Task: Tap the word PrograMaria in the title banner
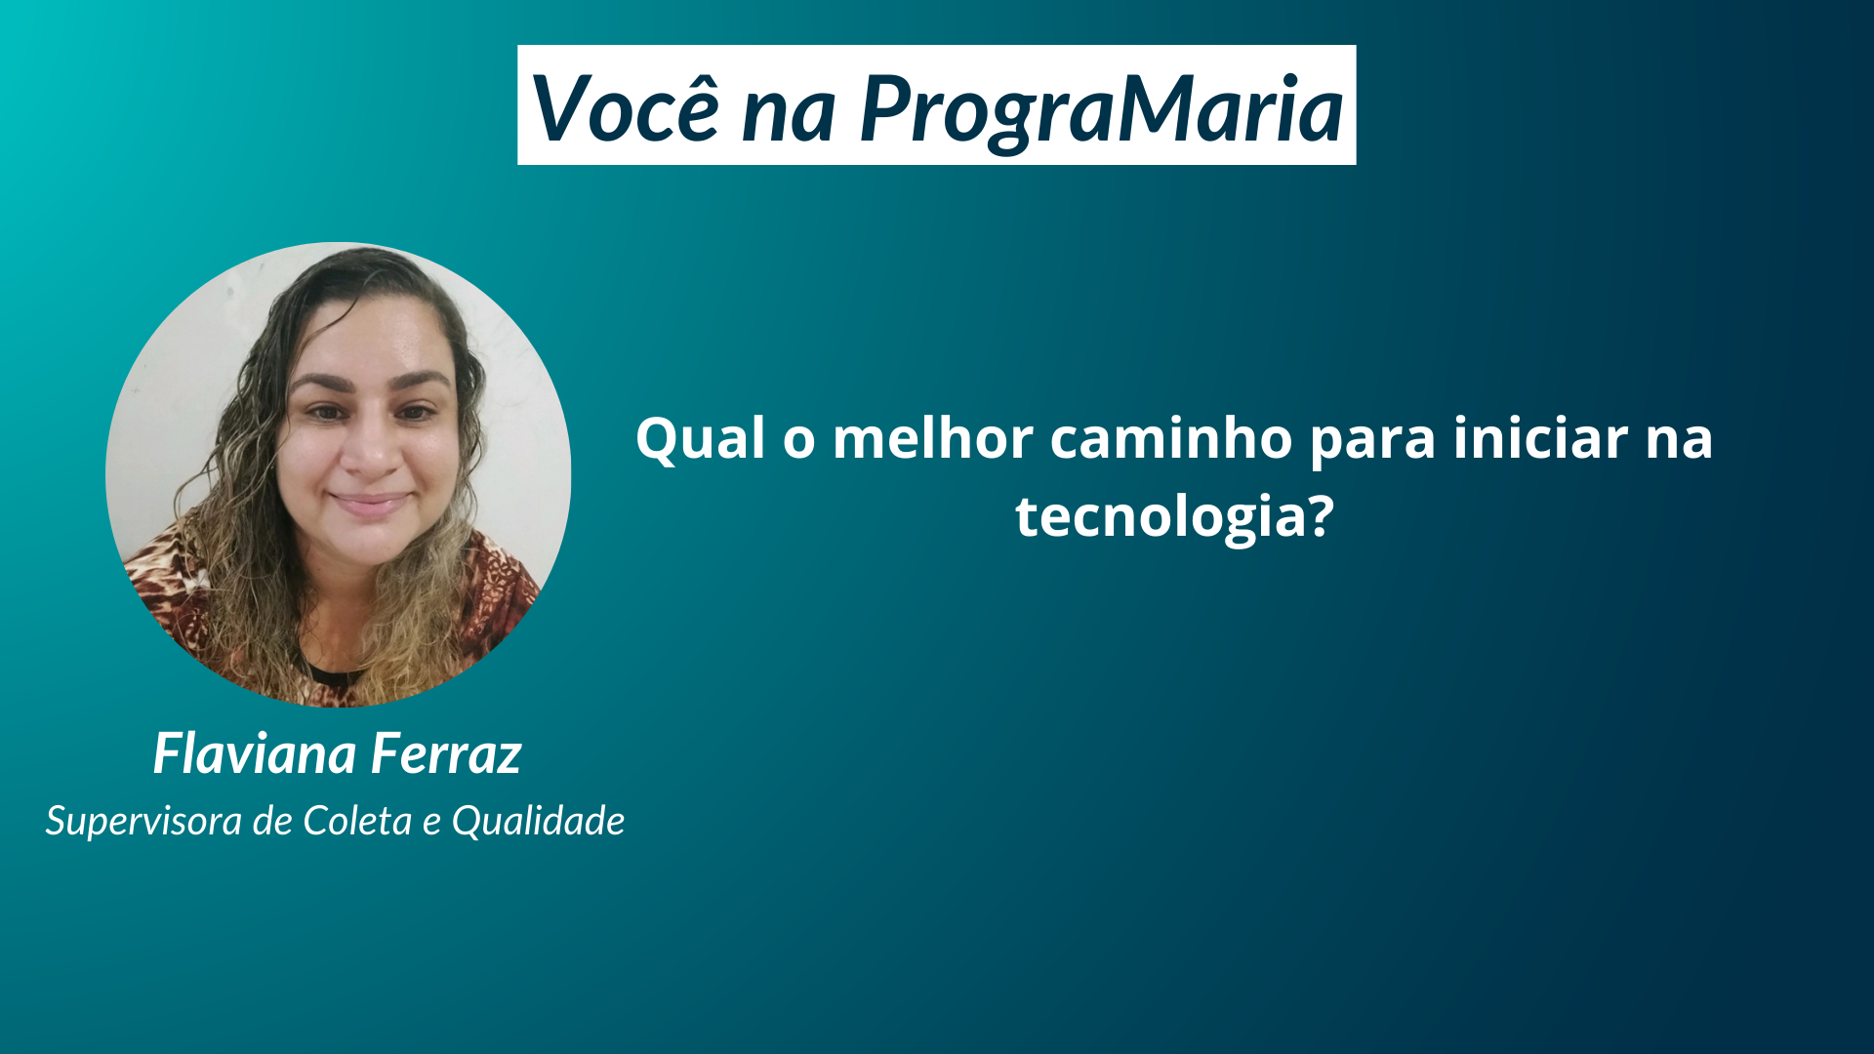click(1102, 110)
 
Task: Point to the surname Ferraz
click(446, 753)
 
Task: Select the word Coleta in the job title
click(357, 821)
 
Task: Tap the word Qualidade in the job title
click(538, 822)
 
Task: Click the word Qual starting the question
click(700, 438)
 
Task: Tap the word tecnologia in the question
click(1161, 517)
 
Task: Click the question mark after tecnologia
click(1321, 514)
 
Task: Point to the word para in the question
click(1372, 443)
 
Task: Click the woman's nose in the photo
click(371, 449)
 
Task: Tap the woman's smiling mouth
click(369, 504)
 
